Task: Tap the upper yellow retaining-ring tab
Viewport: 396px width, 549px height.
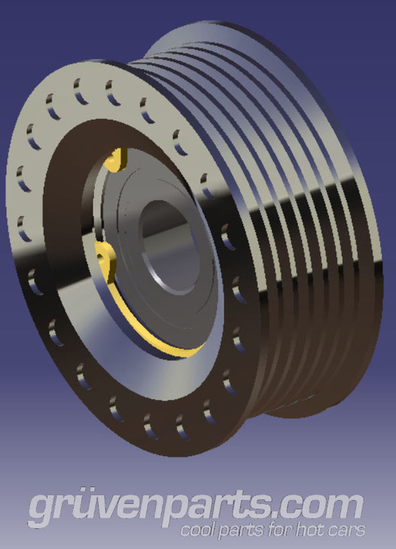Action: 115,160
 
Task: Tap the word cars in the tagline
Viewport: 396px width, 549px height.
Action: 349,530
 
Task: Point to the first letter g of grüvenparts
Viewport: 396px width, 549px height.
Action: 42,510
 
